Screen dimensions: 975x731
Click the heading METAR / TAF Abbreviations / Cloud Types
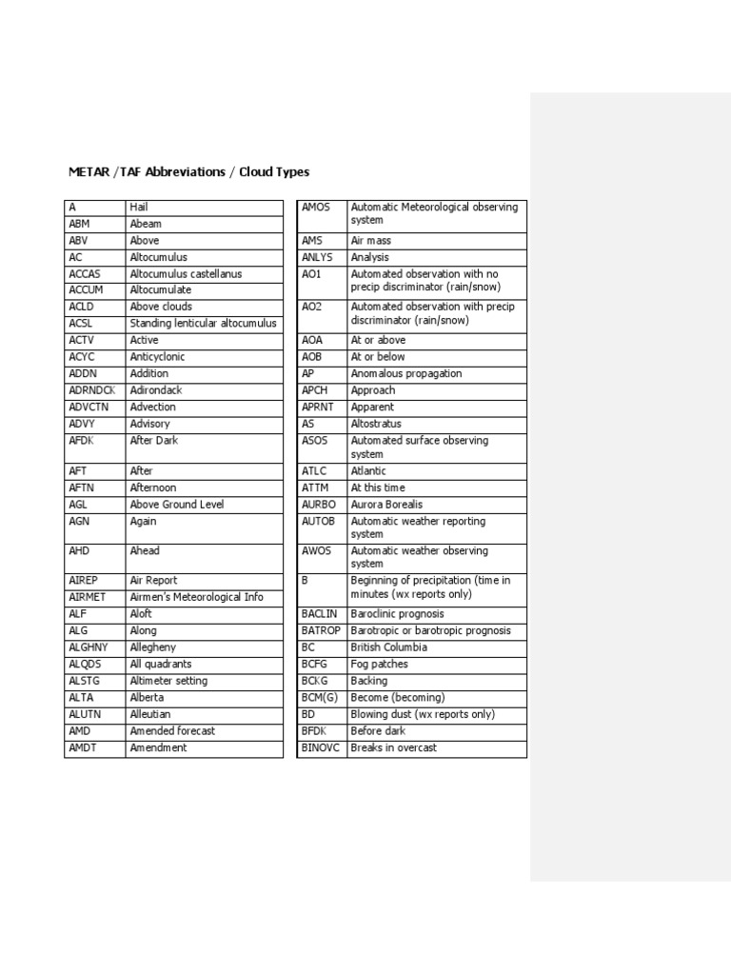tap(188, 172)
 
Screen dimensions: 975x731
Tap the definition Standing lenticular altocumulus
tap(203, 324)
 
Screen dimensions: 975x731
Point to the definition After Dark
tap(154, 441)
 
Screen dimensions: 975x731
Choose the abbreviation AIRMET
tap(87, 597)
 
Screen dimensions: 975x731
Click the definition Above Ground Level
tap(177, 505)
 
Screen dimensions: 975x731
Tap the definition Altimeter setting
tap(168, 681)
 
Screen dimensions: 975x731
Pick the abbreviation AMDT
tap(83, 747)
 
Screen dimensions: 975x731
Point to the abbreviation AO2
tap(312, 307)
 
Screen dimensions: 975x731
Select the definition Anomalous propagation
tap(406, 374)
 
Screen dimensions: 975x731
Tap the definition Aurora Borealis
tap(386, 505)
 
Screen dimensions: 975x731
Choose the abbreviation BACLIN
tap(319, 614)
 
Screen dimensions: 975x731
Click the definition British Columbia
tap(388, 647)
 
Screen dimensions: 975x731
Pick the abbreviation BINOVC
tap(321, 748)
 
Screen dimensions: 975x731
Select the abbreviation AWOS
tap(315, 550)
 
